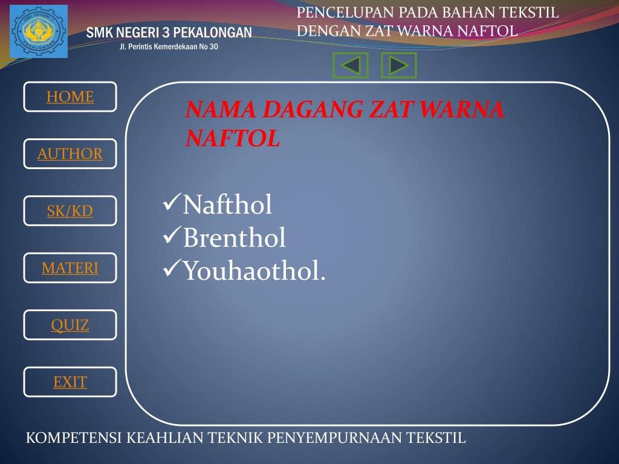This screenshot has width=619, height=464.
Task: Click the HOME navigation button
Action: click(x=70, y=97)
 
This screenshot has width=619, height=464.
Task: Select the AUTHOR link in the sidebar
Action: click(x=70, y=153)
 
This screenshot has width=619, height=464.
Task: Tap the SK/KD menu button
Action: click(x=70, y=211)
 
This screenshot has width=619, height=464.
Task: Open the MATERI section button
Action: click(x=70, y=268)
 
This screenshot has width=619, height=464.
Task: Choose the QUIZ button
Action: click(x=70, y=325)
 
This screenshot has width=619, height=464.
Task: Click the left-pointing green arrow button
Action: click(x=351, y=65)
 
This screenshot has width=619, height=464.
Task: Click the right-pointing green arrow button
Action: click(x=398, y=65)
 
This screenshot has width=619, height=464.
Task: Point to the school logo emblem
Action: click(x=39, y=31)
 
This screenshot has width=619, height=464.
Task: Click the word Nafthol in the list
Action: click(x=227, y=205)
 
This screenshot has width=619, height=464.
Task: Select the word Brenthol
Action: click(x=234, y=238)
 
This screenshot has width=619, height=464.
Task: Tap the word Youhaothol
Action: click(x=254, y=271)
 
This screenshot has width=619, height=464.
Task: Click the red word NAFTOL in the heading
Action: click(x=233, y=139)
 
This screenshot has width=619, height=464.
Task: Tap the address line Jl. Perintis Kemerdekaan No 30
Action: click(x=169, y=47)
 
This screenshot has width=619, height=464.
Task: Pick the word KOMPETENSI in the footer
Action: click(x=74, y=437)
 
